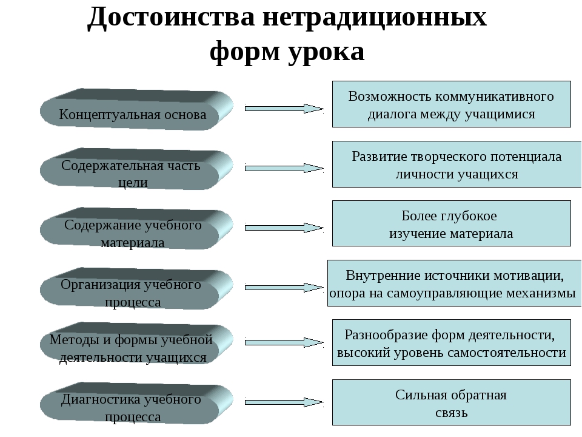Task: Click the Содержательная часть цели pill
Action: pos(133,172)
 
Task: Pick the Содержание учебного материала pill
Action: pos(133,232)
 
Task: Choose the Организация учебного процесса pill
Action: pos(133,292)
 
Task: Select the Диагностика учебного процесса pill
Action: pos(133,407)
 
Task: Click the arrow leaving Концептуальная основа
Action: pos(284,109)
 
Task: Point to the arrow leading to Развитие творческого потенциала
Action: pos(284,168)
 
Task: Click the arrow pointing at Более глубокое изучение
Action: pos(284,228)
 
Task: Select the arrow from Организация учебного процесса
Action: pos(284,287)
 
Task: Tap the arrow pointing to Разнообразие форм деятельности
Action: pos(284,343)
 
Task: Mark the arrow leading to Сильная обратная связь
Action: pos(284,402)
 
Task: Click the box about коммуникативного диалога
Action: pos(451,104)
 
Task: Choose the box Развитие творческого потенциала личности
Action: pos(451,164)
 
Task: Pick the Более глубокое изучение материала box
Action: pos(451,224)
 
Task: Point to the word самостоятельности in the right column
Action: pos(509,352)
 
